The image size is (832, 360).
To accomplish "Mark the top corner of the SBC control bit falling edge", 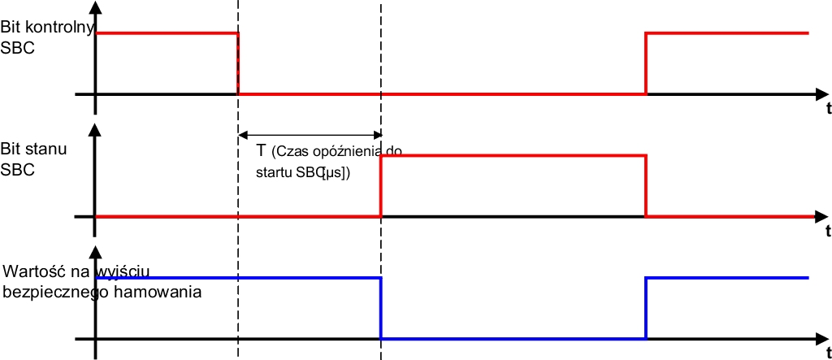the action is (238, 33).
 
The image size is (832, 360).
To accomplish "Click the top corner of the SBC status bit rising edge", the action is (381, 155).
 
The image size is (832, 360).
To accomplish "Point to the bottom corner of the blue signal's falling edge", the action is (381, 339).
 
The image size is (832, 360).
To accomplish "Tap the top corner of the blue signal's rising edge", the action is (646, 278).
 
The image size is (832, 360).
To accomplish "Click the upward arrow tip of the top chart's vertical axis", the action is (95, 1).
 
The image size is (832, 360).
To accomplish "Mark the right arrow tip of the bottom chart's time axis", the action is (828, 339).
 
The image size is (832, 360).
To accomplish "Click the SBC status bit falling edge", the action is (646, 186).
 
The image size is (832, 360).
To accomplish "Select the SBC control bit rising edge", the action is (646, 63).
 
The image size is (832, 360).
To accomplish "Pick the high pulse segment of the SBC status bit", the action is (513, 155).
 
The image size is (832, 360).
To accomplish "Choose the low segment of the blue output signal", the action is (513, 339).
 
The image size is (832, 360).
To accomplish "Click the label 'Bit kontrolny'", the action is (46, 26).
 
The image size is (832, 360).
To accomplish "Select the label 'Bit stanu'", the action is (34, 148).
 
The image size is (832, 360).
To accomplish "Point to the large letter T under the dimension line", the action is (261, 151).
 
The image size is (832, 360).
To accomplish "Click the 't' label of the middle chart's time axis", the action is (828, 232).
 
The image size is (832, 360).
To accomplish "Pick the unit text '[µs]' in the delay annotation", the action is (334, 173).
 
